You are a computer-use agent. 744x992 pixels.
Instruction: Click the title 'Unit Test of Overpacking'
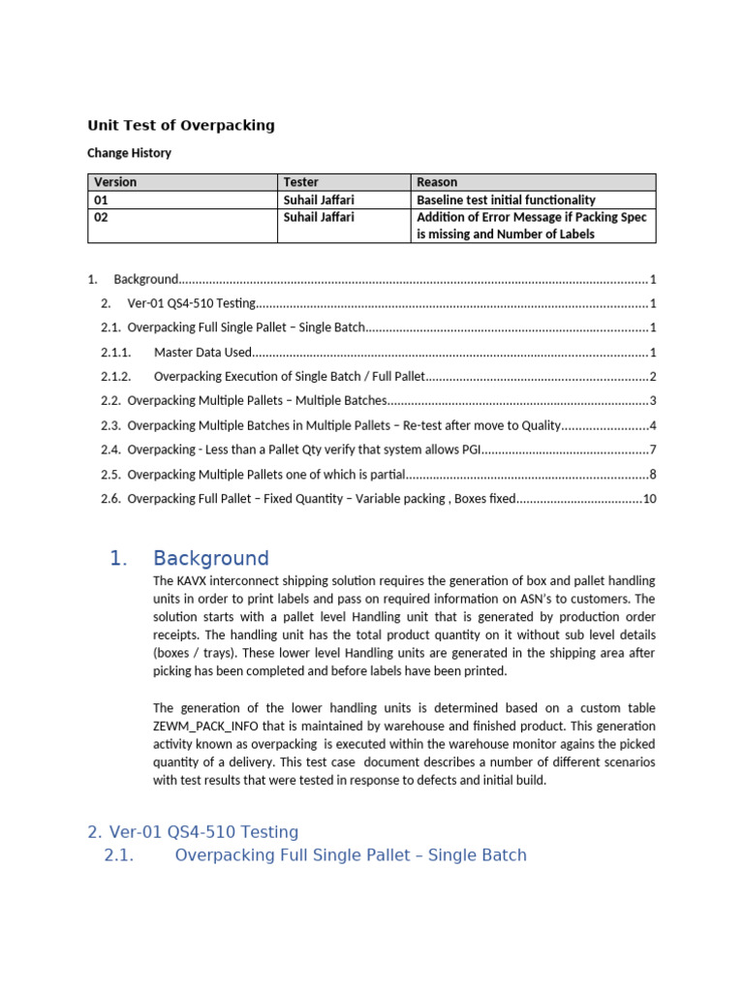[x=181, y=125]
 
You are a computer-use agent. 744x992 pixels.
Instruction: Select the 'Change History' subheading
[x=129, y=153]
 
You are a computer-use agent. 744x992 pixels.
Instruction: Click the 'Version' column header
[x=115, y=182]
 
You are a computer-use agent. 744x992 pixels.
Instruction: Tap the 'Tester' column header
[x=300, y=182]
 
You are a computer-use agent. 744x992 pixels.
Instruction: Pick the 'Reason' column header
[x=437, y=182]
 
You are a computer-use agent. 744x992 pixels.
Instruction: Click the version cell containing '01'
[x=102, y=200]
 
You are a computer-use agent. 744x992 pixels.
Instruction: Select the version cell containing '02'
[x=102, y=217]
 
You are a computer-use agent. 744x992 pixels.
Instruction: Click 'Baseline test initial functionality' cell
[x=506, y=200]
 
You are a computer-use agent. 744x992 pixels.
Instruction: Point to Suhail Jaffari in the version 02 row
[x=319, y=217]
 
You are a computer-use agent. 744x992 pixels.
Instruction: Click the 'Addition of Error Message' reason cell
[x=531, y=225]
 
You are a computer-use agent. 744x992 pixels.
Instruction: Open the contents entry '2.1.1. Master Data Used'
[x=202, y=352]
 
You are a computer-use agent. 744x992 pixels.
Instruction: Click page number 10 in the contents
[x=650, y=499]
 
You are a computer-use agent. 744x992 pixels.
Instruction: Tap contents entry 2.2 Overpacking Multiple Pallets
[x=257, y=401]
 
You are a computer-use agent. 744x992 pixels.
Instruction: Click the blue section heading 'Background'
[x=210, y=558]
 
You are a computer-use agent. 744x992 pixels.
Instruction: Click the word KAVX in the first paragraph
[x=196, y=580]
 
